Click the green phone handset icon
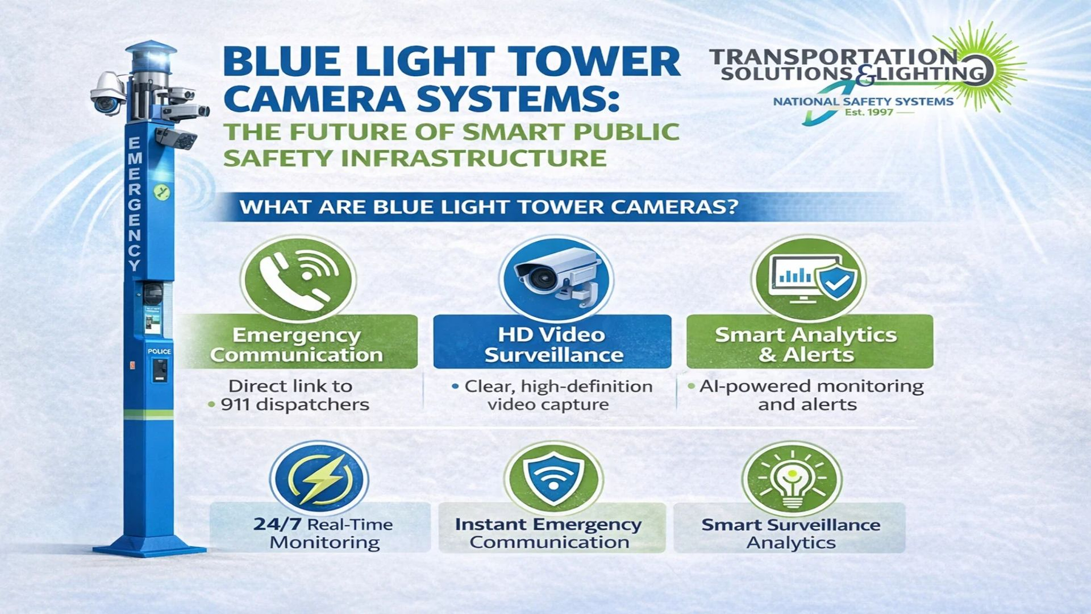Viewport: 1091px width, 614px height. tap(298, 279)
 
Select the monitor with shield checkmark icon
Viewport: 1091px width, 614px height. tap(809, 279)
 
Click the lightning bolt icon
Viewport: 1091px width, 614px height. tap(319, 479)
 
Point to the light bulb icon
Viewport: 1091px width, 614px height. tap(792, 479)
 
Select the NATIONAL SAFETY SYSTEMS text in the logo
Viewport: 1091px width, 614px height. tap(863, 102)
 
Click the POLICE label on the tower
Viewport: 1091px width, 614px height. tap(159, 351)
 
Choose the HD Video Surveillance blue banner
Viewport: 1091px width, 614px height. tap(552, 342)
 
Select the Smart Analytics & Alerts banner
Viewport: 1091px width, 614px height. tap(810, 342)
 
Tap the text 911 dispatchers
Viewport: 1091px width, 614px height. tap(295, 405)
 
